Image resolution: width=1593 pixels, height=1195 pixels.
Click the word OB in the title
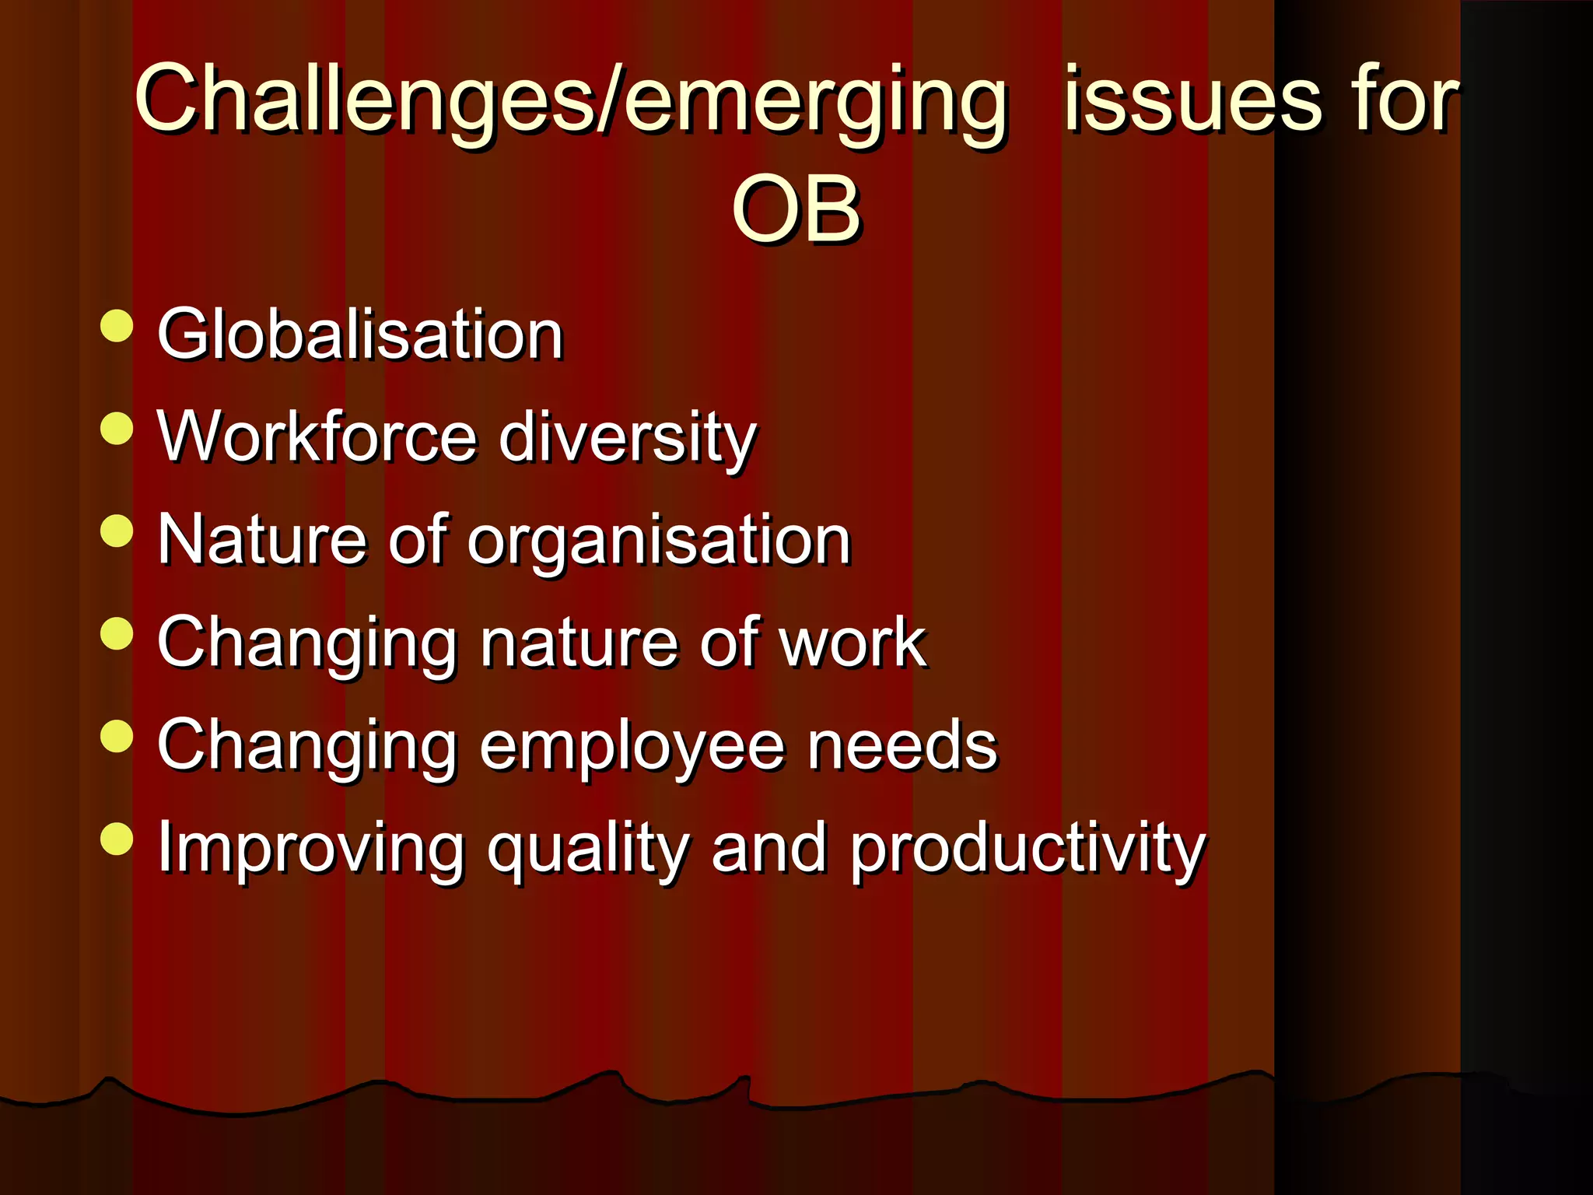pyautogui.click(x=796, y=209)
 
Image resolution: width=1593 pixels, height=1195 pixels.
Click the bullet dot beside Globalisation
pyautogui.click(x=117, y=325)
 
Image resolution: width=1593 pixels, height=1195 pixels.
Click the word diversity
pyautogui.click(x=627, y=437)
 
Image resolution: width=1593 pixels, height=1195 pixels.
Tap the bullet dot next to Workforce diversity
pyautogui.click(x=117, y=428)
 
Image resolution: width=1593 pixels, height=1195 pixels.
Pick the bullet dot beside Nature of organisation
pyautogui.click(x=117, y=531)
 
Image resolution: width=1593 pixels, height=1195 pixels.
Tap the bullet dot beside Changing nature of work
pyautogui.click(x=117, y=633)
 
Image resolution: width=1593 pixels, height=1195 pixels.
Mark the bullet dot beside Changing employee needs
pyautogui.click(x=117, y=736)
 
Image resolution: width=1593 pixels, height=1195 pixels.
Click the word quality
pyautogui.click(x=588, y=850)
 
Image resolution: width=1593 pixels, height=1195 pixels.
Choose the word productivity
pyautogui.click(x=1027, y=850)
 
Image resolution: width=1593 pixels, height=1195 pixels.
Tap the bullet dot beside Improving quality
pyautogui.click(x=117, y=839)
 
